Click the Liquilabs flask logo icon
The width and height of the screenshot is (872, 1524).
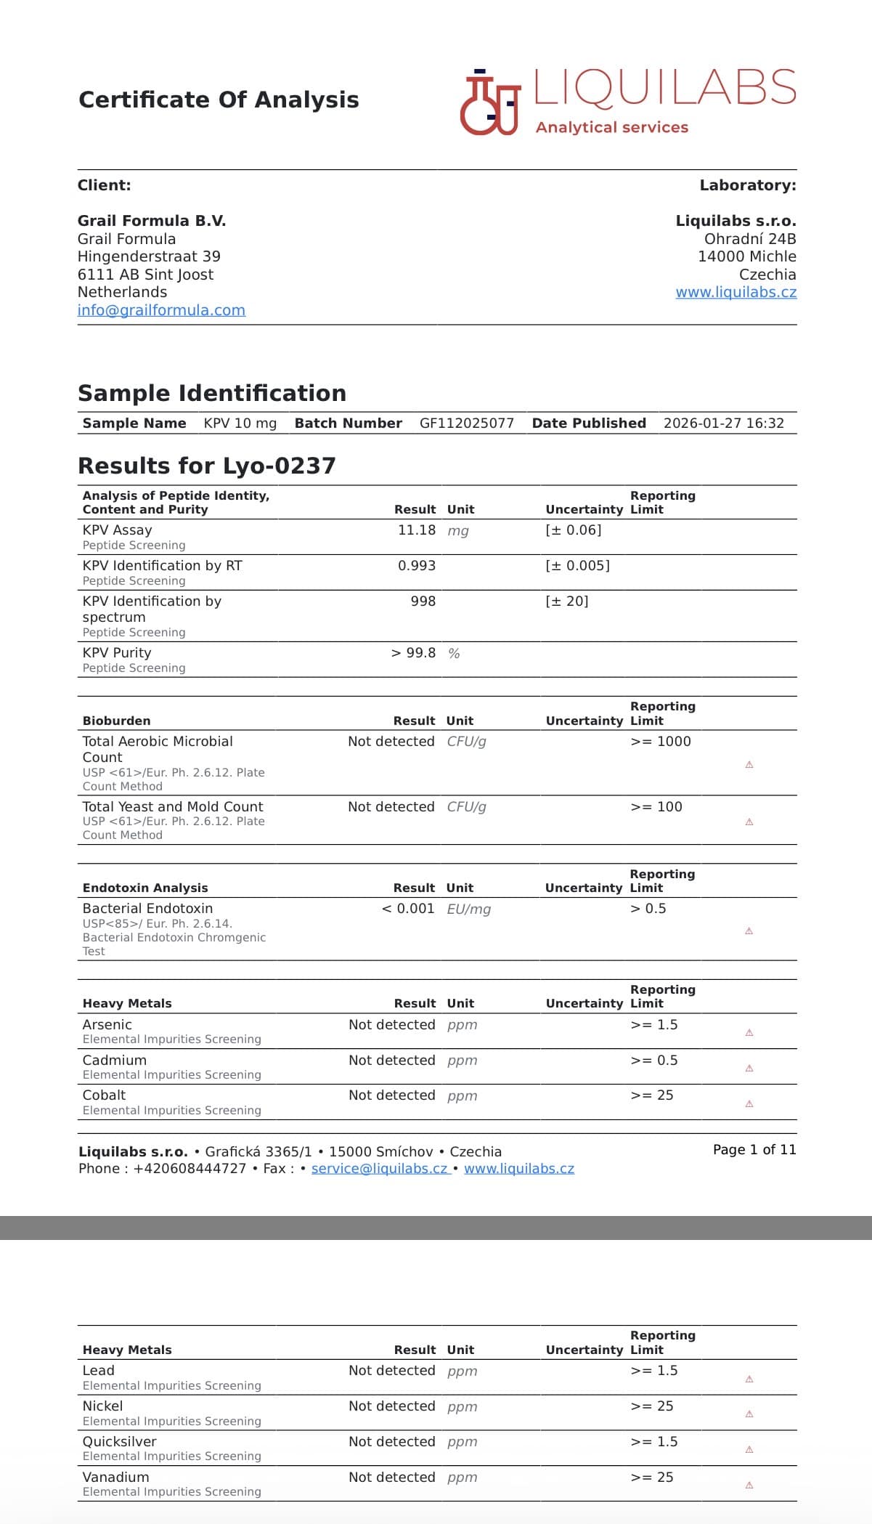[x=491, y=102]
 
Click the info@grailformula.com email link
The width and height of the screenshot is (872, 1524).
[x=161, y=310]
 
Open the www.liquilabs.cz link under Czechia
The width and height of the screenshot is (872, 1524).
[x=736, y=292]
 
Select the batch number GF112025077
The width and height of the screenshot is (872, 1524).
[x=466, y=423]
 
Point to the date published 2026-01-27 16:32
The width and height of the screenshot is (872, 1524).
[x=723, y=423]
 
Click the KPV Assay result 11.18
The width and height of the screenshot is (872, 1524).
[x=416, y=530]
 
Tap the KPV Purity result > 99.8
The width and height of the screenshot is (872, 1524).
[x=413, y=653]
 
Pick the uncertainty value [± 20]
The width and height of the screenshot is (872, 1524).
[x=566, y=601]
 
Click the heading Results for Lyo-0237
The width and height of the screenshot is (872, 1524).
[x=207, y=466]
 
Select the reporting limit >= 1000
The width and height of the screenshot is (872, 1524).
[x=661, y=742]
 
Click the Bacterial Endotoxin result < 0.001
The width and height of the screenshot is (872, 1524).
[x=408, y=909]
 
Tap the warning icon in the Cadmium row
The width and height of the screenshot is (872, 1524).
[x=749, y=1069]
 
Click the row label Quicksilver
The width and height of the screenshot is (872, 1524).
[x=120, y=1442]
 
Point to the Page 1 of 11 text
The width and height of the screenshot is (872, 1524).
[x=754, y=1150]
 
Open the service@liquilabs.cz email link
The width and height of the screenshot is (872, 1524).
[x=379, y=1169]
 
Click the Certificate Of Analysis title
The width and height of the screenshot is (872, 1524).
[x=219, y=100]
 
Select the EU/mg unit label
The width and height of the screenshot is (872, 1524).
[x=469, y=909]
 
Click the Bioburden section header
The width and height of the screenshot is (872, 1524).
[x=117, y=721]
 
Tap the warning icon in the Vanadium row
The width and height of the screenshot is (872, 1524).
[x=749, y=1486]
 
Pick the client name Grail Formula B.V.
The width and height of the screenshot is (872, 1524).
[x=152, y=221]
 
